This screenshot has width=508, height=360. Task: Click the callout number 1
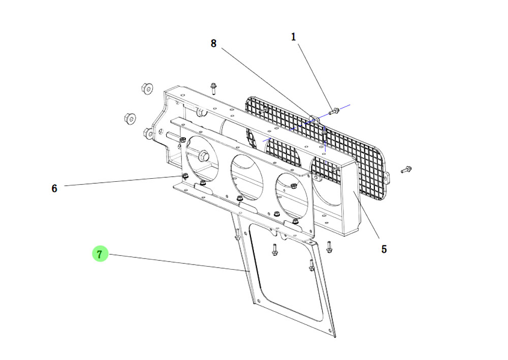294,37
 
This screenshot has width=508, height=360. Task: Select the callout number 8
213,44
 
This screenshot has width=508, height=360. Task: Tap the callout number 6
54,188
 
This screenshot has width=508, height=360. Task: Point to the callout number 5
384,249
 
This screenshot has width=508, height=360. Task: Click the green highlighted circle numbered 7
100,253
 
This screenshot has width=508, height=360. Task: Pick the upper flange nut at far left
147,88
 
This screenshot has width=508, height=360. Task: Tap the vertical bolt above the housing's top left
213,89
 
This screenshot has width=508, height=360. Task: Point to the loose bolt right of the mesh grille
406,170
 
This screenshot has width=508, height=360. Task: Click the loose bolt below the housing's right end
329,247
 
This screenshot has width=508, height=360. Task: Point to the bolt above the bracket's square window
274,249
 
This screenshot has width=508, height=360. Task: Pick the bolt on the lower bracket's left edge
237,235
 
